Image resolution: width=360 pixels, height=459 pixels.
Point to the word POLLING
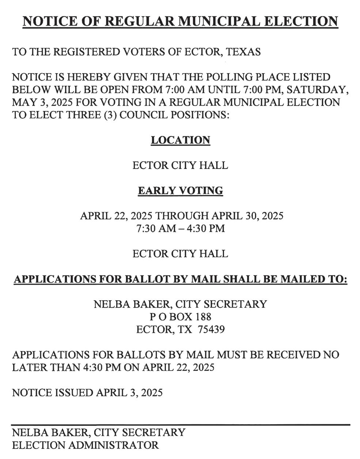(x=231, y=77)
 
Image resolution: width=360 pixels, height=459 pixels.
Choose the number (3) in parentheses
(x=110, y=115)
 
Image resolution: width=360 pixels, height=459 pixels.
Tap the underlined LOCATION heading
(x=181, y=140)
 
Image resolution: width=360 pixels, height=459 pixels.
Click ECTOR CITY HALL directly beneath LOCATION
(x=180, y=165)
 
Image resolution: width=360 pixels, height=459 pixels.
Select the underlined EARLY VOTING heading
(x=181, y=190)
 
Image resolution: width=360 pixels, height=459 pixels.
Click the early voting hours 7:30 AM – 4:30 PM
(x=181, y=228)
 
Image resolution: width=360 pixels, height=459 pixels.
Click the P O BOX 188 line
(x=181, y=316)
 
